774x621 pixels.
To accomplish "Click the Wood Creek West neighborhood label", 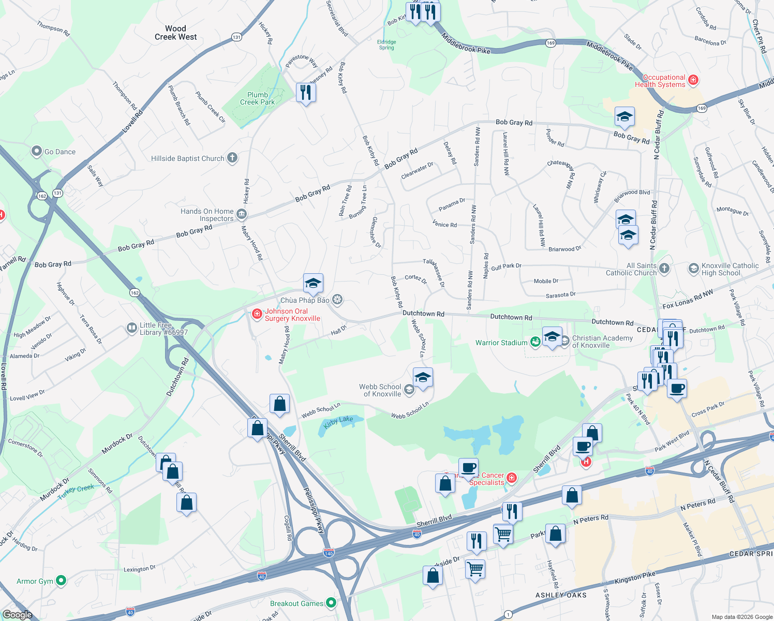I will [x=175, y=33].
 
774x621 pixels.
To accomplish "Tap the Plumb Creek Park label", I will [x=257, y=98].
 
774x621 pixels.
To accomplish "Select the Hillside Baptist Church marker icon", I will [x=232, y=158].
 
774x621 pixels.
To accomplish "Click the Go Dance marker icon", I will [x=37, y=151].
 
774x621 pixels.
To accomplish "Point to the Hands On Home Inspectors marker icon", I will [x=241, y=214].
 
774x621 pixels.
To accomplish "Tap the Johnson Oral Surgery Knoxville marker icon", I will [x=257, y=314].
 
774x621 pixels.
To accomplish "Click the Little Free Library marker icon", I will [x=132, y=328].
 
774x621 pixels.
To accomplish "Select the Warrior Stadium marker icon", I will [x=535, y=342].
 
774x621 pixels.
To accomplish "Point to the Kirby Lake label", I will [x=338, y=422].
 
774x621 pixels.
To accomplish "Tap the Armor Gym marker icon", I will [x=61, y=581].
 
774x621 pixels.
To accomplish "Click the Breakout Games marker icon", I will [x=331, y=603].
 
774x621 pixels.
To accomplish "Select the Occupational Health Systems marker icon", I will [x=693, y=80].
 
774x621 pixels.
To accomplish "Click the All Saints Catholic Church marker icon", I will [x=664, y=268].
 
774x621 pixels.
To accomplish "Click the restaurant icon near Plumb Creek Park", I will [x=306, y=92].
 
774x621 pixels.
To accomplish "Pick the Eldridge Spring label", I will [x=386, y=45].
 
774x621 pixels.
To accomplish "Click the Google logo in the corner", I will [x=17, y=614].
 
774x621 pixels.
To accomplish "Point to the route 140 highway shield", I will [x=329, y=553].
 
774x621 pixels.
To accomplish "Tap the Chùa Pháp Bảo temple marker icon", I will [x=337, y=300].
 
